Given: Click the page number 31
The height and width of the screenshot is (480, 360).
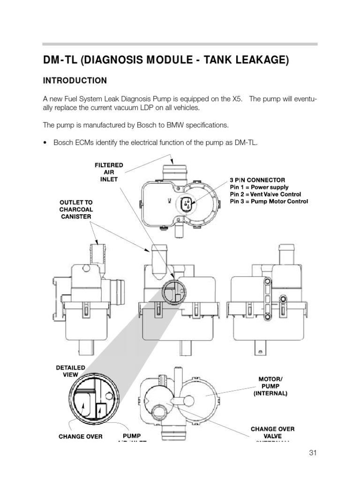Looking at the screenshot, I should (314, 452).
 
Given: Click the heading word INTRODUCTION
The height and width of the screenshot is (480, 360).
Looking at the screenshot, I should (75, 81).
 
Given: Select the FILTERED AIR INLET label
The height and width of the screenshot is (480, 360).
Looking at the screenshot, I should (109, 172).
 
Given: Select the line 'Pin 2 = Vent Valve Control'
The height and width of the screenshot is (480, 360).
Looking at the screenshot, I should (265, 194).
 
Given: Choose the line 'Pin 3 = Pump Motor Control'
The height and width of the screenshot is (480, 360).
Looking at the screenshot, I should (269, 202).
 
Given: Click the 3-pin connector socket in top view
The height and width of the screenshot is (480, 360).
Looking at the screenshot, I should (186, 205).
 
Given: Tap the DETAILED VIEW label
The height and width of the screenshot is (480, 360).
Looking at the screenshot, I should (70, 371).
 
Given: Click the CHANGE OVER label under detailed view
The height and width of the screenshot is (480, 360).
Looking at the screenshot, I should (81, 436).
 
